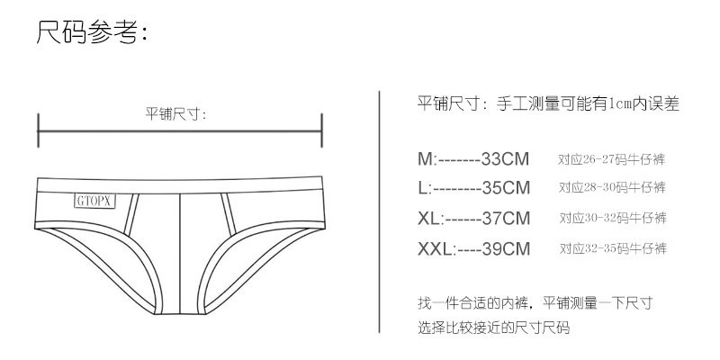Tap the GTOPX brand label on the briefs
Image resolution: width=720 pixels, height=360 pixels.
point(94,201)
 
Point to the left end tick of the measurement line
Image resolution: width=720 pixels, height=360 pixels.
point(38,130)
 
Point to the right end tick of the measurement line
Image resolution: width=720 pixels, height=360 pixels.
point(322,130)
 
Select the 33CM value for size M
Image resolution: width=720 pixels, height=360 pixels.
point(505,159)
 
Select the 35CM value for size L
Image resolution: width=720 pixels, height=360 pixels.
point(506,188)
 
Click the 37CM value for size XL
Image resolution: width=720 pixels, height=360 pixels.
point(506,218)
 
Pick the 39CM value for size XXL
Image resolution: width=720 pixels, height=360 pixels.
point(506,249)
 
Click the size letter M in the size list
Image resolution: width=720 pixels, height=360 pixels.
point(425,159)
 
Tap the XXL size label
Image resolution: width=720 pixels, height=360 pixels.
point(436,249)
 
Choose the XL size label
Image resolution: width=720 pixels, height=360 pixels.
point(429,218)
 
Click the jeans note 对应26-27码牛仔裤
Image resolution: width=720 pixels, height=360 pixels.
point(612,159)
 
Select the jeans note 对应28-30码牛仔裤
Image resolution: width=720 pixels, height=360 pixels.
point(612,187)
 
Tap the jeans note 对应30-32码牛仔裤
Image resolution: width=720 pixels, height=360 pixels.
point(613,218)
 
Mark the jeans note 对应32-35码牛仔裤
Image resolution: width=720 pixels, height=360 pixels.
point(613,248)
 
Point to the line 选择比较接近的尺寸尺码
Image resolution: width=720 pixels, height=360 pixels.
point(493,328)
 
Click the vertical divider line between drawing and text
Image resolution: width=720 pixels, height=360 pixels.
point(379,211)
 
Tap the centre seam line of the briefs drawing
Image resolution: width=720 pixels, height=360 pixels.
point(179,254)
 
